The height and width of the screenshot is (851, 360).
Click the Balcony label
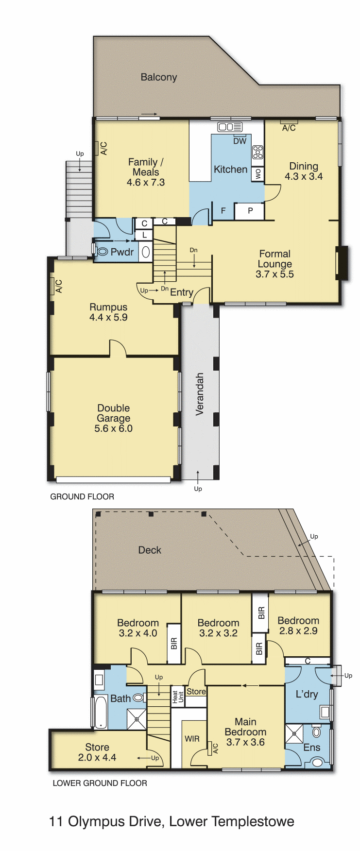point(158,77)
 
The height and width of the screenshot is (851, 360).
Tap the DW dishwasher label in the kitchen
point(240,141)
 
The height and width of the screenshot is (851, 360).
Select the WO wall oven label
point(258,173)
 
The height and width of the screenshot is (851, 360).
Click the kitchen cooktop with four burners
point(257,153)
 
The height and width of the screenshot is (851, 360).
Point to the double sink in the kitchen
point(230,127)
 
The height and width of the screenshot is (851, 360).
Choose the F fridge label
point(223,211)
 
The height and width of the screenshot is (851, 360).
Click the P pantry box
point(250,211)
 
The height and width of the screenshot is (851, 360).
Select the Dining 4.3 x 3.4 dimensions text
point(304,177)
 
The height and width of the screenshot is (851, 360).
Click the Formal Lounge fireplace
point(342,263)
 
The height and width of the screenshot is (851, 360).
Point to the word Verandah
point(199,394)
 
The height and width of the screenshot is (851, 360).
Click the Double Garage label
point(114,413)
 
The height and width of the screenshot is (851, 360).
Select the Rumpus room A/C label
point(59,286)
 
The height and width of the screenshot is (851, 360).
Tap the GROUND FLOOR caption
point(82,496)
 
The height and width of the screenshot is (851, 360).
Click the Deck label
point(150,550)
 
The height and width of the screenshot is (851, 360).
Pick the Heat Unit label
point(178,697)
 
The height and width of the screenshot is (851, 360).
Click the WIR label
point(192,739)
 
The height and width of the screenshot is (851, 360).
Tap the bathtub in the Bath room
point(101,712)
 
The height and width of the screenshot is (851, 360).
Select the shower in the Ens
point(293,733)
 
